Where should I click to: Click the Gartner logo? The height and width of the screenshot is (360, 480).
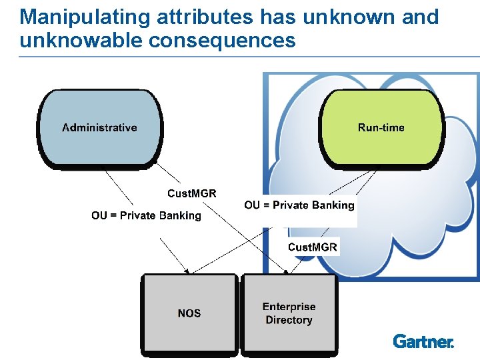tap(423, 341)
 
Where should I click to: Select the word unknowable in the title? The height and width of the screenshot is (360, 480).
tap(82, 40)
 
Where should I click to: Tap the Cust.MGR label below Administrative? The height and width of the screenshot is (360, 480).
tap(191, 193)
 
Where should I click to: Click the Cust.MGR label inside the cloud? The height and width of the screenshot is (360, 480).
tap(313, 247)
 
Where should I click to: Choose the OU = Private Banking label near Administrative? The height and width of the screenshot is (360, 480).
tap(146, 215)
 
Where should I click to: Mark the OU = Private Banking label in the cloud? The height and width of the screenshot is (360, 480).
tap(299, 205)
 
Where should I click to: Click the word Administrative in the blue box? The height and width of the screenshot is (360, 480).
tap(99, 127)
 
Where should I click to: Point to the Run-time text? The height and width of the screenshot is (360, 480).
tap(381, 127)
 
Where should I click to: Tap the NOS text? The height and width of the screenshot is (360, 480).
tap(189, 313)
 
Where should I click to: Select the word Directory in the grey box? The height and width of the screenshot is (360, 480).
tap(289, 320)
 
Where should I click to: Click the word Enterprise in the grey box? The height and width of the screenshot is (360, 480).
tap(289, 307)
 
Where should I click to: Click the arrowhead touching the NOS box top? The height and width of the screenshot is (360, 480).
tap(189, 271)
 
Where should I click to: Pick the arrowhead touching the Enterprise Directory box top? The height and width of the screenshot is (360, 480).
tap(288, 271)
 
